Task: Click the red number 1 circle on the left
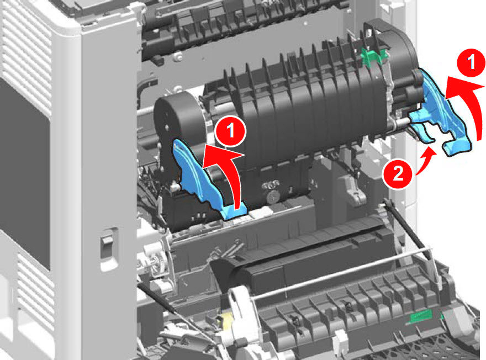(x=231, y=131)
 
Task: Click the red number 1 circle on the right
(x=471, y=63)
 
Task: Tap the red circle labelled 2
(x=398, y=174)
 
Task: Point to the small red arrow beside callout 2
(x=427, y=161)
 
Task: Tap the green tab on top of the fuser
(x=375, y=56)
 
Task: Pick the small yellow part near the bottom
(x=224, y=321)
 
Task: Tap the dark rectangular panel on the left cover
(x=24, y=173)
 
